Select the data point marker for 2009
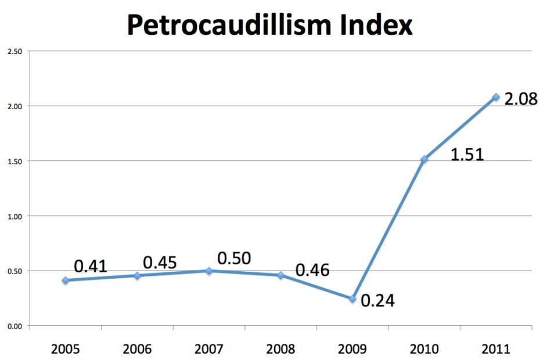coord(352,299)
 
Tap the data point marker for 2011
coord(496,97)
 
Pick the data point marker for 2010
coord(424,159)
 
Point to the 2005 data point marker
coord(65,280)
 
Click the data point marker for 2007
coord(209,271)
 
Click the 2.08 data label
coord(521,99)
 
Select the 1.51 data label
coord(467,156)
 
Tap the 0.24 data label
coord(377,301)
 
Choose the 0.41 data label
coord(91,266)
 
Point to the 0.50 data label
coord(234,258)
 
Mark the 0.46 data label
coord(312,270)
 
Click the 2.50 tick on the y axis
coord(15,51)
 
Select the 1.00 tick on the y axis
coord(15,216)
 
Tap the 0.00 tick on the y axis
coord(15,326)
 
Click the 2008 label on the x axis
coord(280,349)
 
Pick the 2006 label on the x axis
coord(137,349)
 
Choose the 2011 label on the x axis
coord(495,349)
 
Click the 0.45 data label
coord(160,262)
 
